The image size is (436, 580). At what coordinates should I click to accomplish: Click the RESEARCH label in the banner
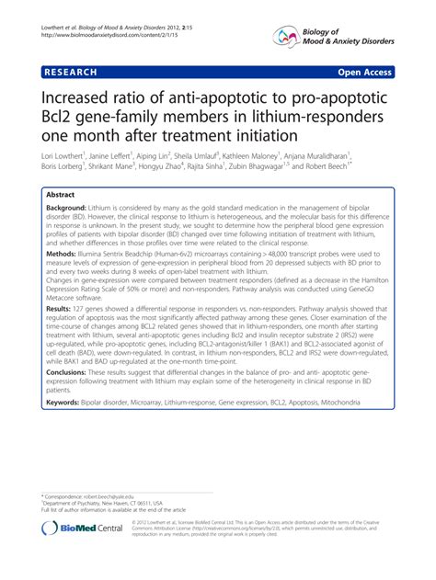(x=71, y=70)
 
